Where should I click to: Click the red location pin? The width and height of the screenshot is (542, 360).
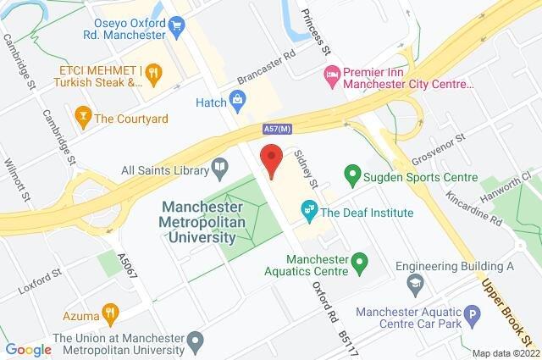(271, 159)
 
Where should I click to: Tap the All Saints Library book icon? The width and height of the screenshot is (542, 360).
(219, 167)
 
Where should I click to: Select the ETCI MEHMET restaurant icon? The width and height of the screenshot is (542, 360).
(152, 75)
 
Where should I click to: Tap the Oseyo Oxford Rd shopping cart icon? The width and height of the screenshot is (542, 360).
(176, 25)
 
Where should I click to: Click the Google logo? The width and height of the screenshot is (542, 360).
(27, 350)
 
